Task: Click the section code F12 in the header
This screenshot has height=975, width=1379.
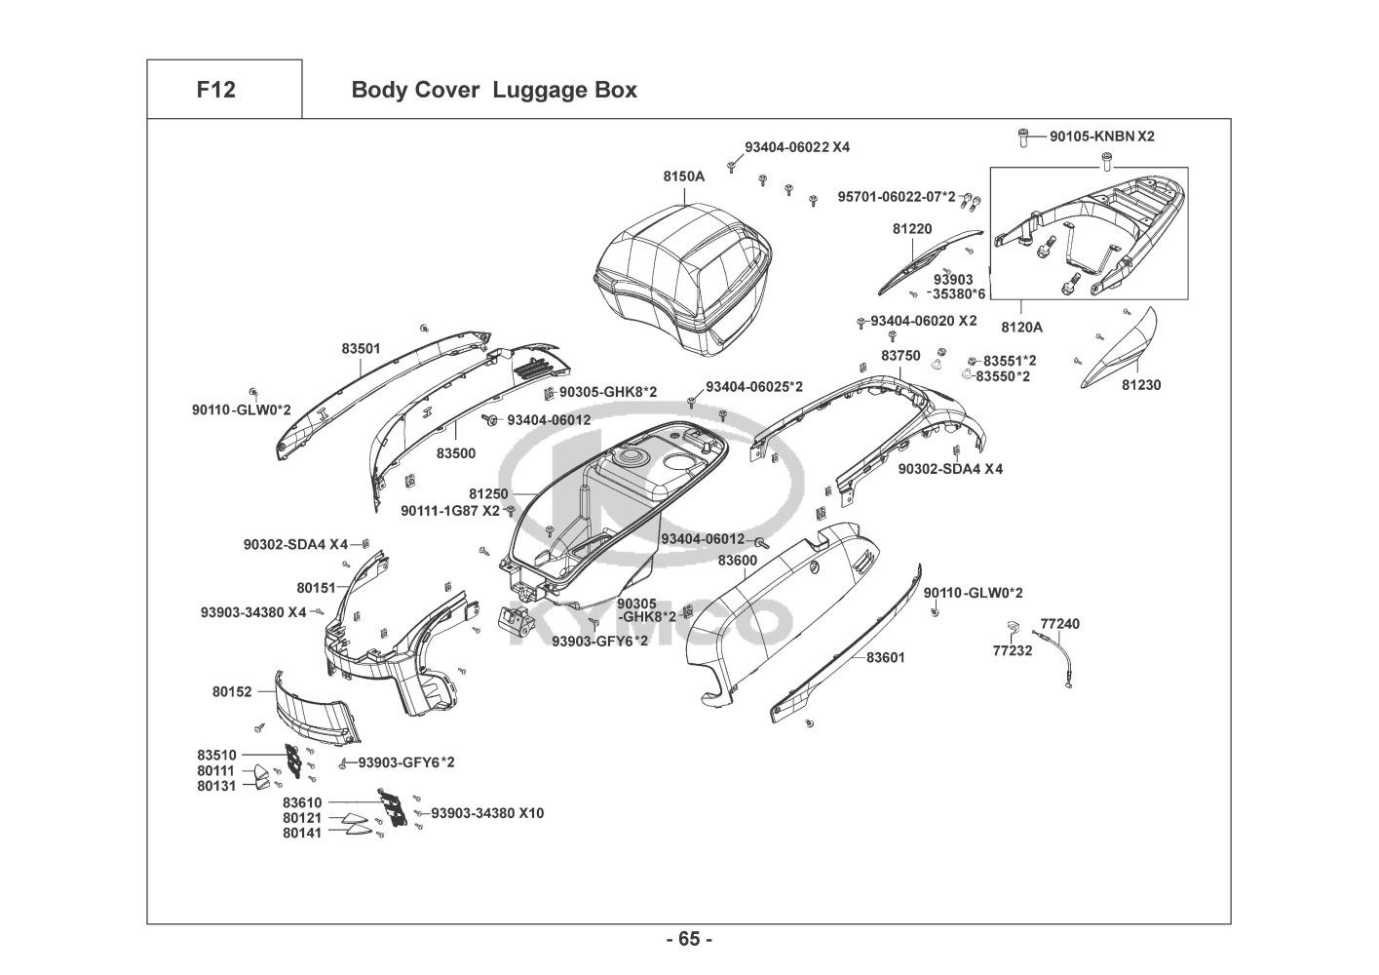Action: click(x=215, y=90)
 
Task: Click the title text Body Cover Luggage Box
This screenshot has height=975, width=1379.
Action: click(x=493, y=90)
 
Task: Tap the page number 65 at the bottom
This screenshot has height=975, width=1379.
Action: click(x=689, y=939)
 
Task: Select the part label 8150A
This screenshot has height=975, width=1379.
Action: click(x=683, y=176)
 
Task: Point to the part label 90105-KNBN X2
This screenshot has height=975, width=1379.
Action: click(x=1101, y=136)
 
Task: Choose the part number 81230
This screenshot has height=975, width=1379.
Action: click(x=1140, y=385)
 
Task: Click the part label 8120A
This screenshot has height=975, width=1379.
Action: click(x=1021, y=328)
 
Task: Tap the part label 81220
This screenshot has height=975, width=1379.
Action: click(x=912, y=229)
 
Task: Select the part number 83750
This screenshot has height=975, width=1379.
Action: click(x=900, y=356)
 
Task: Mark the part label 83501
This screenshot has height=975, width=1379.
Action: click(x=361, y=347)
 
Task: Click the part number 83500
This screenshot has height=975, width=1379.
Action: click(x=455, y=453)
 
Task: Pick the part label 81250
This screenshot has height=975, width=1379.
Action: click(x=488, y=494)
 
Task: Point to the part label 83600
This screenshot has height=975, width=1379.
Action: click(x=737, y=561)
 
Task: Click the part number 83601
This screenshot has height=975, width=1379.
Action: click(x=885, y=657)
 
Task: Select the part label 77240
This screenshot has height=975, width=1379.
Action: click(x=1059, y=623)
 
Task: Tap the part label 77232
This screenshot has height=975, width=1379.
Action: click(x=1012, y=650)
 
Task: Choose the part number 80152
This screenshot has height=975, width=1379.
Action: click(x=232, y=691)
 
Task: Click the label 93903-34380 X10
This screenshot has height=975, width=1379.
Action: click(x=487, y=812)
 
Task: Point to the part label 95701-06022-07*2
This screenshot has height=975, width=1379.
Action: click(x=897, y=197)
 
